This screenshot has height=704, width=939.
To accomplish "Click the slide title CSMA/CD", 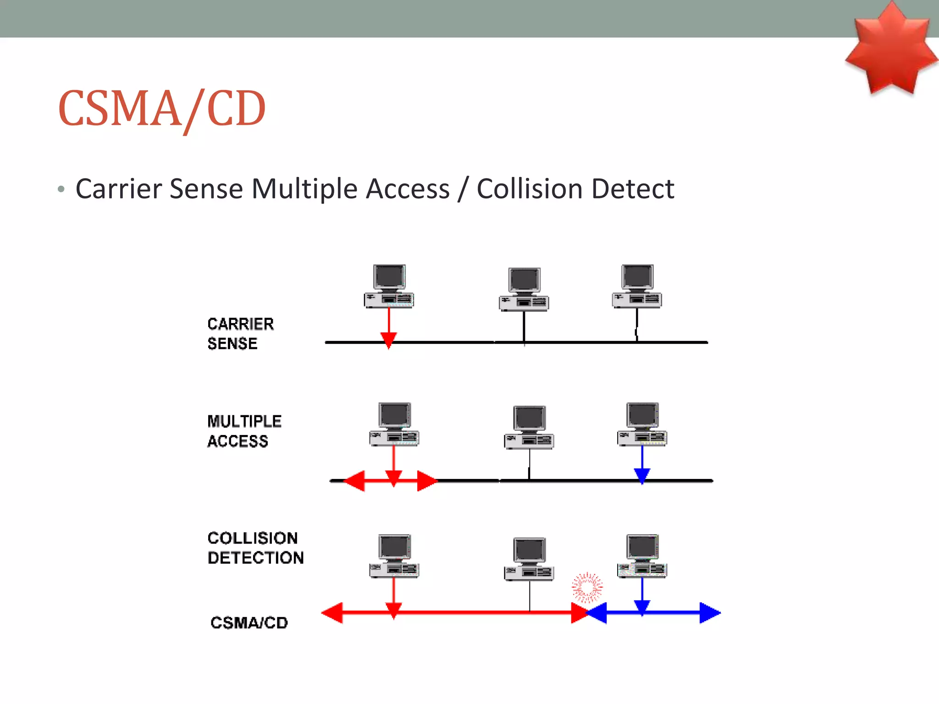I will click(161, 109).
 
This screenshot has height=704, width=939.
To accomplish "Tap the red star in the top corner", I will click(891, 48).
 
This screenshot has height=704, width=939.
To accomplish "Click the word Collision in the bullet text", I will click(529, 189).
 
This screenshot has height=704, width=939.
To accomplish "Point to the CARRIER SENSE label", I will click(240, 334).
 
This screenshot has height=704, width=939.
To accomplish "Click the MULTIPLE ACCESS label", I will click(244, 431).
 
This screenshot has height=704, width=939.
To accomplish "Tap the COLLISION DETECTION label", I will click(255, 548).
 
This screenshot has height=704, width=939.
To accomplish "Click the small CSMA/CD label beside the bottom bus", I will click(249, 622).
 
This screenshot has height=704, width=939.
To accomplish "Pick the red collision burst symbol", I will click(587, 587).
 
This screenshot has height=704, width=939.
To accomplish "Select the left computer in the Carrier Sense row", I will click(389, 286).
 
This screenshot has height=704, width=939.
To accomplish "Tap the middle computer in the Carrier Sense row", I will click(524, 289).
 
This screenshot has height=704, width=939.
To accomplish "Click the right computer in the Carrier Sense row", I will click(637, 286).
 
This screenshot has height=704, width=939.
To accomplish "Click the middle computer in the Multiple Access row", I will click(529, 427).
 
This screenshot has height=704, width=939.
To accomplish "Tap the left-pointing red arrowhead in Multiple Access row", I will click(354, 481).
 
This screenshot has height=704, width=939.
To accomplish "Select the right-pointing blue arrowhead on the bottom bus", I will click(709, 613).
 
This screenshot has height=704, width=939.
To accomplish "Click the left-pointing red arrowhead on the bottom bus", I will click(332, 613).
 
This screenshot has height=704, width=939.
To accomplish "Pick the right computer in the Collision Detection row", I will click(642, 556).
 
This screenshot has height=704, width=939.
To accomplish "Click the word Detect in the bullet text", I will click(633, 189).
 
